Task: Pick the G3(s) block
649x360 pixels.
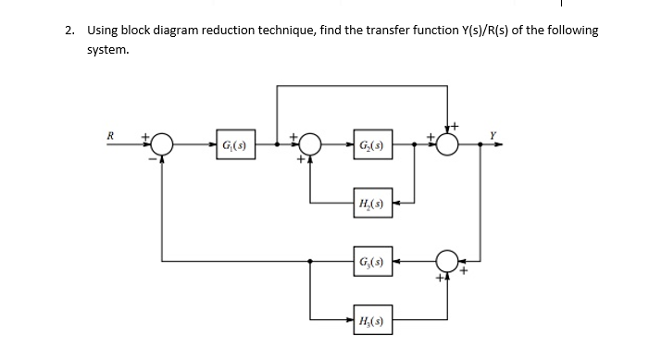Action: (368, 262)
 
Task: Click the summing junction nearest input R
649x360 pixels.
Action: (163, 145)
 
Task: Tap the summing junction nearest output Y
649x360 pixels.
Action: (448, 145)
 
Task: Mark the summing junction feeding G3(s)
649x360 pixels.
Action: (448, 262)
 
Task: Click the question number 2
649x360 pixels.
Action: (70, 31)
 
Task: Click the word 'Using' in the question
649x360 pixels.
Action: (104, 31)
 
